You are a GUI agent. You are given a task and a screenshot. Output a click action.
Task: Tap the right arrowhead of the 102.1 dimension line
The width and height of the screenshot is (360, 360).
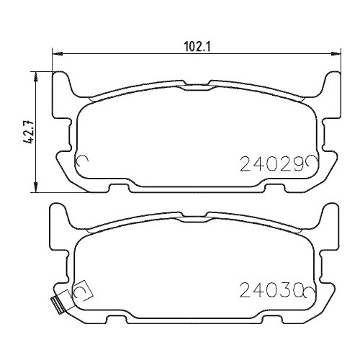tap(336, 53)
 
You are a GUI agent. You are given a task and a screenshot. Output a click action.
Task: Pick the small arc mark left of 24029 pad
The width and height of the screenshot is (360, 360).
tap(81, 163)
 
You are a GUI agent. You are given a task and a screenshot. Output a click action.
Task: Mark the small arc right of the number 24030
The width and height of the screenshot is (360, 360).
tap(310, 291)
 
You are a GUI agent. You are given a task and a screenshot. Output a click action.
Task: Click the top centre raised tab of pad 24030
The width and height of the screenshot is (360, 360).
tap(197, 215)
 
